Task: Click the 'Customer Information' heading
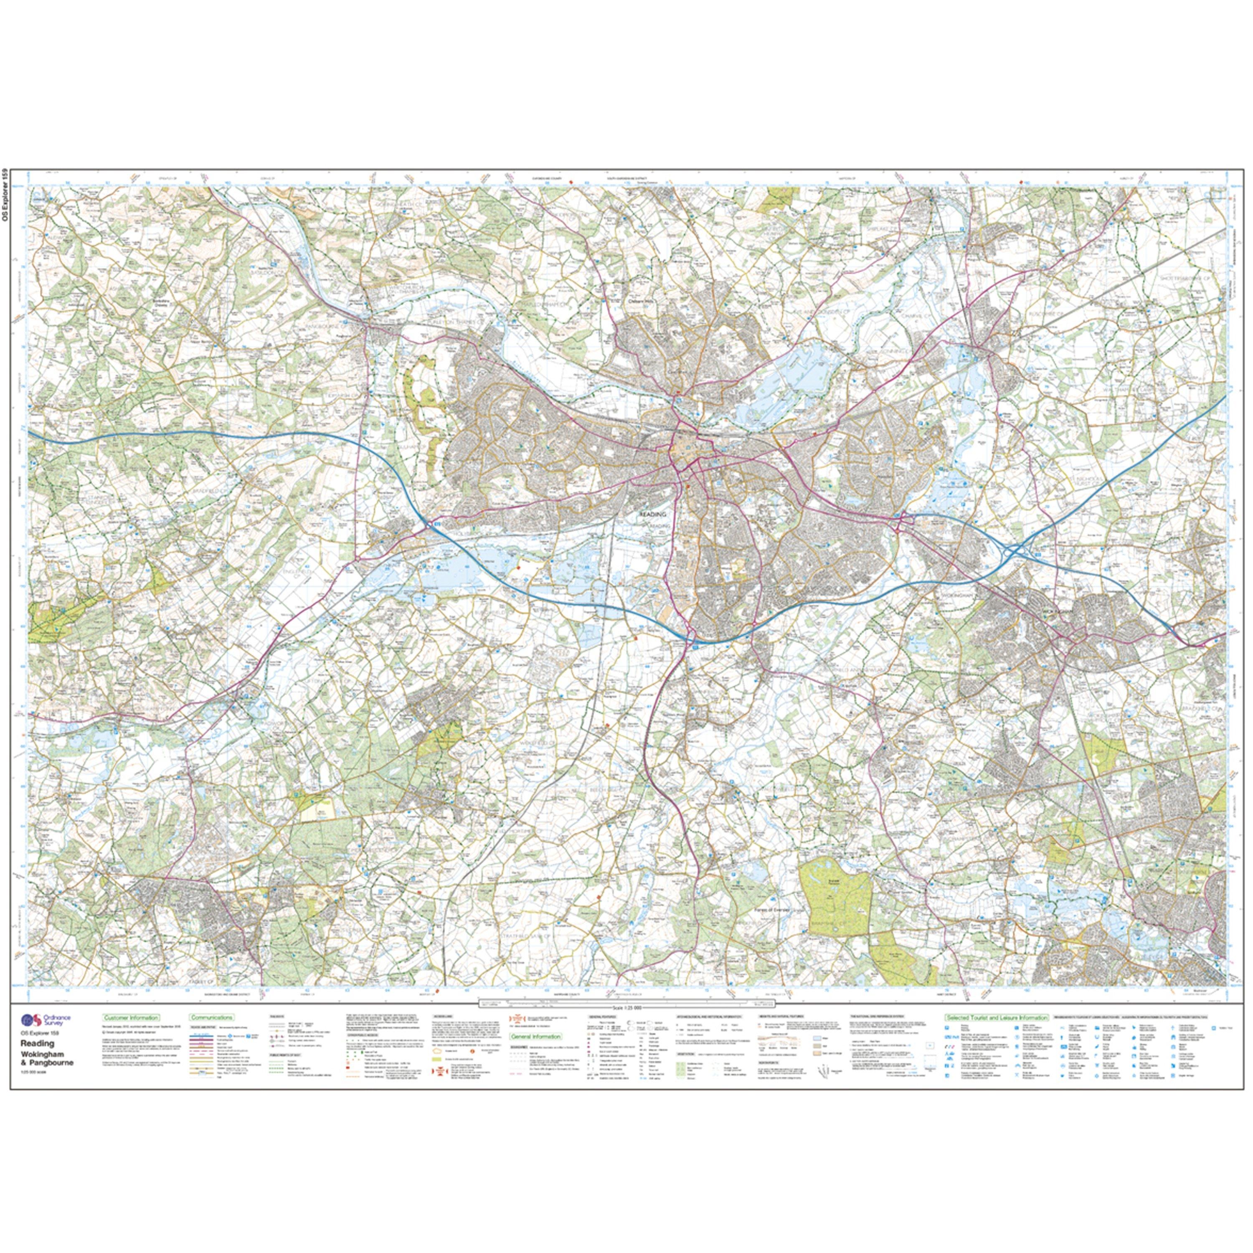pos(130,1018)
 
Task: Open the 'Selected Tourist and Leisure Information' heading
pos(996,1018)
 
